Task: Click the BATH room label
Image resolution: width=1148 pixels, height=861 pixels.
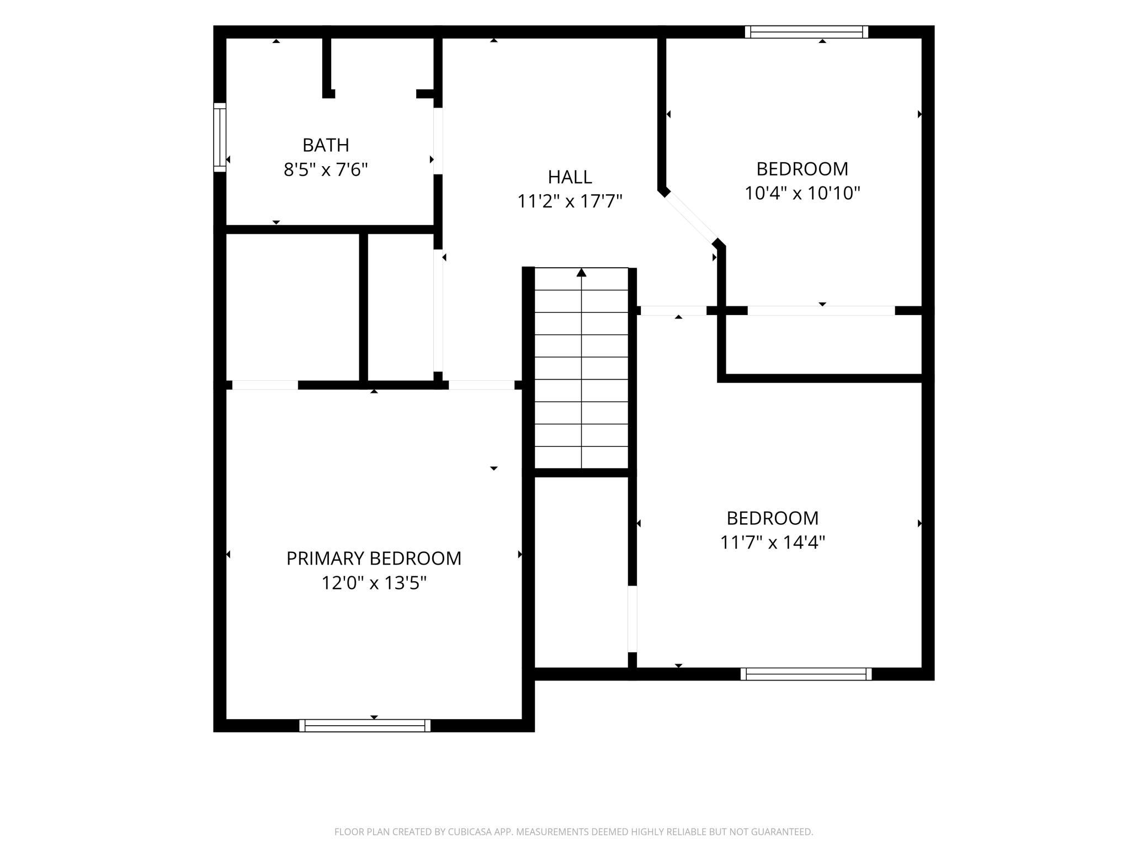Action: tap(326, 145)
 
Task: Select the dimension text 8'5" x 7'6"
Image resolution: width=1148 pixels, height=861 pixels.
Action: tap(326, 169)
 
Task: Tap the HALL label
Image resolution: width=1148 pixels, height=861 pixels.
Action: tap(570, 177)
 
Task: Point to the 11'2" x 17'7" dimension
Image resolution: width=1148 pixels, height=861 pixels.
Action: tap(570, 201)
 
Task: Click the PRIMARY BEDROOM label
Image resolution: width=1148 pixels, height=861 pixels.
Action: tap(374, 559)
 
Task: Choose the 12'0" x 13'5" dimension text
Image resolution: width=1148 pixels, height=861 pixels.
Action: tap(374, 583)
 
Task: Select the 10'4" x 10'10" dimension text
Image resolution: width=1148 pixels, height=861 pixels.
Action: tap(802, 193)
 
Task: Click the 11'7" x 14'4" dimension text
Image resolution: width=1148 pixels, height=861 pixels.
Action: tap(772, 543)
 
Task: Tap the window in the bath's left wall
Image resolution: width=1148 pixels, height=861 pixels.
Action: tap(220, 137)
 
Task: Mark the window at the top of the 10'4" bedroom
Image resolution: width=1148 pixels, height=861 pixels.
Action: tap(806, 32)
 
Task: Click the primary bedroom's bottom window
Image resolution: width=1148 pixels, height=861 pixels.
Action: tap(365, 725)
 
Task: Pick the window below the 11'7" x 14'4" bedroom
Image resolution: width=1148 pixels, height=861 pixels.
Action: tap(806, 674)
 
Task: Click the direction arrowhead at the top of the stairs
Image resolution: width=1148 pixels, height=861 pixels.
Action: tap(581, 272)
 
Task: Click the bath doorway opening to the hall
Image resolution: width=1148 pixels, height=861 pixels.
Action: tap(438, 141)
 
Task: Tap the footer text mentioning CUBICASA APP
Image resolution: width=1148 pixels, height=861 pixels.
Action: tap(573, 832)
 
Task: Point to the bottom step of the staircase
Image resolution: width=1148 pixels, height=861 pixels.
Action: tap(581, 457)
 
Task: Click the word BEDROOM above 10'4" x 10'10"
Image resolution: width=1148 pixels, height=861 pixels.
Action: tap(802, 169)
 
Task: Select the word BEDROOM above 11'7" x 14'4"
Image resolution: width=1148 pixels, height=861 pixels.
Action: tap(772, 518)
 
